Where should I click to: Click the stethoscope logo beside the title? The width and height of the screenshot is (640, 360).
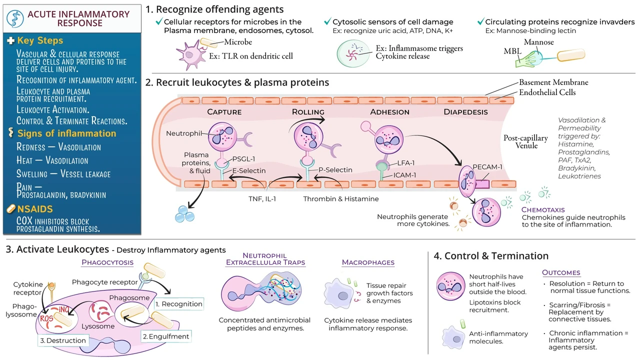coord(15,19)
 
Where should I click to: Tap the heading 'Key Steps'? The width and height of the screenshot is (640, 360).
coord(40,40)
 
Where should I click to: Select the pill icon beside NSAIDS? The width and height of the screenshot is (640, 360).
coord(11,209)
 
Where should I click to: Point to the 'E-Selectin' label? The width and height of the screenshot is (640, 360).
coord(249,170)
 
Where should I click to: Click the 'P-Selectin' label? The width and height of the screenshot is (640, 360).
coord(335,169)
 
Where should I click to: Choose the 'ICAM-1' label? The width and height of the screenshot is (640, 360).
coord(404,175)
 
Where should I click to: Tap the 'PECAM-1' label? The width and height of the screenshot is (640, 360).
coord(487,167)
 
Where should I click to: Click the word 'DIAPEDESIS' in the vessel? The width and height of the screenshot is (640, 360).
coord(465,111)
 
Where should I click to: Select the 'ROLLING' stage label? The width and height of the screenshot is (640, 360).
coord(308,111)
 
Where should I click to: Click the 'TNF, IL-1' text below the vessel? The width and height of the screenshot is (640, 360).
coord(262,199)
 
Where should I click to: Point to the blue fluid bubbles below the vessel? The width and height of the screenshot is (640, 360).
coord(184,214)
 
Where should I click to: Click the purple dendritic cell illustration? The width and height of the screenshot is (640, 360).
coord(191,55)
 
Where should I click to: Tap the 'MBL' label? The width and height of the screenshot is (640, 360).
coord(512,51)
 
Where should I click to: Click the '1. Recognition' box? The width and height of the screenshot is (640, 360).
coord(179,304)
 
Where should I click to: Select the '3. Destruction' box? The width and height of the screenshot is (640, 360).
coord(63,340)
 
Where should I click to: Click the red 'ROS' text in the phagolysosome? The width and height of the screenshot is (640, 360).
coord(46,318)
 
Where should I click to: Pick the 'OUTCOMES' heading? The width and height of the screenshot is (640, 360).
coord(561,272)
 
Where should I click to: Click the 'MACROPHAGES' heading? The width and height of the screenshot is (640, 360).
coord(368,262)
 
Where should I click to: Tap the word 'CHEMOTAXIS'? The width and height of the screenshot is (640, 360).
coord(543,209)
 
